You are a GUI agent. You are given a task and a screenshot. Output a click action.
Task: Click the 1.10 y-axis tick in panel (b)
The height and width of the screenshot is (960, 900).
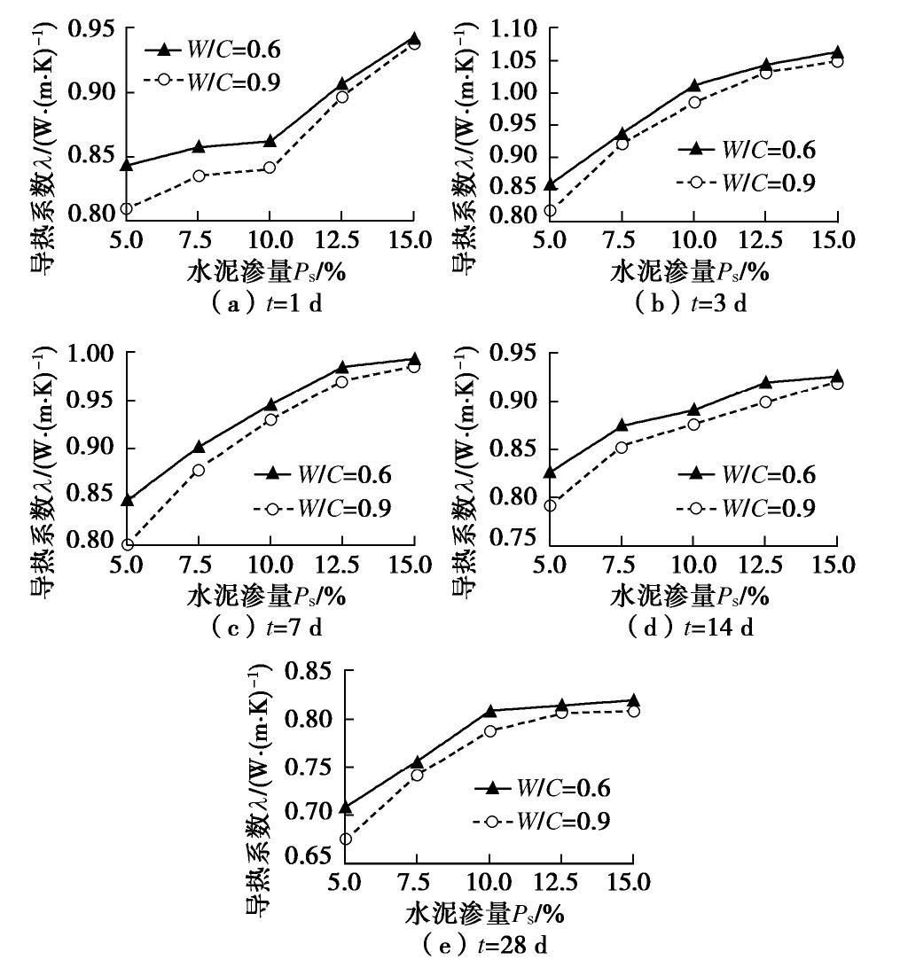(x=513, y=29)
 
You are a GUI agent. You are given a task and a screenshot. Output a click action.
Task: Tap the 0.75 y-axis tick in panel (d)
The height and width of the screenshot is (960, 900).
(x=513, y=540)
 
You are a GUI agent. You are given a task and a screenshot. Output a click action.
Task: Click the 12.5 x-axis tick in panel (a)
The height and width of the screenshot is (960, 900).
(x=341, y=241)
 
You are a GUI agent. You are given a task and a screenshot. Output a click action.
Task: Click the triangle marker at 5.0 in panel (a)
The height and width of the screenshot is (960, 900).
(x=127, y=164)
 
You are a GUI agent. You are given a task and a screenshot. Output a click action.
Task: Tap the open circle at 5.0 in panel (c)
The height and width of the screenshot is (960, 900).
(x=127, y=544)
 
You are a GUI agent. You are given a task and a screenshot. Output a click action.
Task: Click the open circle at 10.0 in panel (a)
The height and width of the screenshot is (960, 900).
(x=270, y=168)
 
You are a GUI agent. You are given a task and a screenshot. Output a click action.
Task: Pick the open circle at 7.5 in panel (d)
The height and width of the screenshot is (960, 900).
(x=622, y=447)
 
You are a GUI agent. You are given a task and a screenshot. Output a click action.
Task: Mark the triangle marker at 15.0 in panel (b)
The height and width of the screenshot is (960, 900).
(x=837, y=52)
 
